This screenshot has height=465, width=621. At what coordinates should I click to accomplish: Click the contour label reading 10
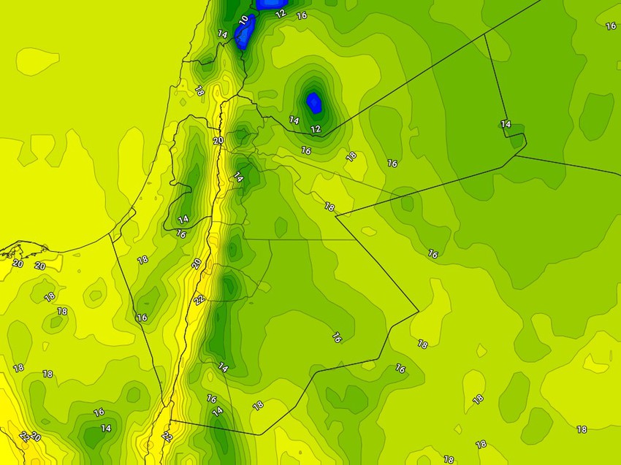point(243,20)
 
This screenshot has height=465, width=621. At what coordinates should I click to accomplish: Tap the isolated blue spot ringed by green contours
point(314,101)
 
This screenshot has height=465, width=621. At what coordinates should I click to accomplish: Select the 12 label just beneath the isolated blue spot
point(316,129)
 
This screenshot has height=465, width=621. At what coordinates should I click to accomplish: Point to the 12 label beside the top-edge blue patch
point(281,13)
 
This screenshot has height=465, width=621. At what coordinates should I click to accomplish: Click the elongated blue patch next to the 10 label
point(245,33)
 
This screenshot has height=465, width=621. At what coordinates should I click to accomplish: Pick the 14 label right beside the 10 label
point(223,34)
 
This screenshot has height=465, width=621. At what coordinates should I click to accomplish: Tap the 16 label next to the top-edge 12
point(302,15)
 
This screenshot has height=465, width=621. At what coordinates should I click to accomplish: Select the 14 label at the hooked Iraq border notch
point(506,124)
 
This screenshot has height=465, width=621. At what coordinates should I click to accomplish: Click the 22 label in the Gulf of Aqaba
point(167,437)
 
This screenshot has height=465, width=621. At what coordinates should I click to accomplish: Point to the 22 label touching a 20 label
point(24,436)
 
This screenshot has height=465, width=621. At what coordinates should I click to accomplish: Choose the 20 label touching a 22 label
point(35,437)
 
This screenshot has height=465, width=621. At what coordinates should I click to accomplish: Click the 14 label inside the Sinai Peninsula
point(106,429)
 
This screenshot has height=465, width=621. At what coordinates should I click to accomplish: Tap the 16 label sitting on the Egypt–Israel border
point(142,318)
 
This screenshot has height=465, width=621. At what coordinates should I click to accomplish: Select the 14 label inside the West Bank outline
point(183,219)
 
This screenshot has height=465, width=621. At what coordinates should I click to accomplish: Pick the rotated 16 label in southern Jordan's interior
point(337,337)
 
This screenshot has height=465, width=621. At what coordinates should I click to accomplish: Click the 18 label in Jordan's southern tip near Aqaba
point(258,405)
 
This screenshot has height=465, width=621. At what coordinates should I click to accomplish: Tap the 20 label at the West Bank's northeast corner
point(218,141)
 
